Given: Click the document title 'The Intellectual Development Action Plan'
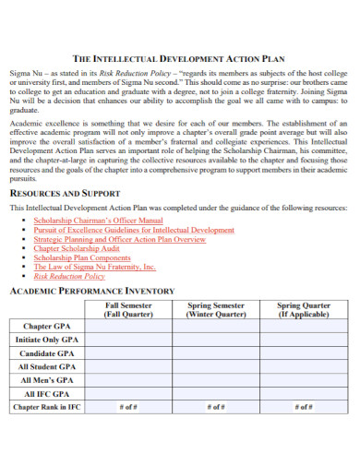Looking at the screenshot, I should point(180,57).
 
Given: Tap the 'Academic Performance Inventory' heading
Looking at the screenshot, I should point(91,291).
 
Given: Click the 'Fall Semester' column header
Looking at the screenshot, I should point(127,309).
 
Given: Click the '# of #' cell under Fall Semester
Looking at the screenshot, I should point(127,407).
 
